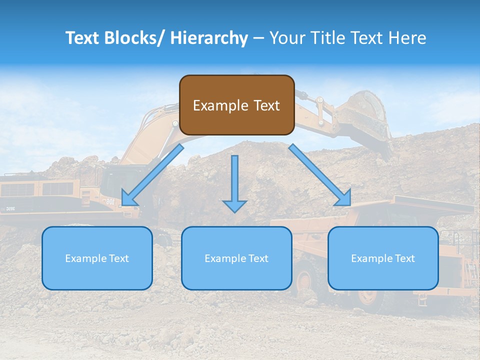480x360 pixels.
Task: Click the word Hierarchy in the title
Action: click(x=209, y=38)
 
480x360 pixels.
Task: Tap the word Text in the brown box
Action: click(x=266, y=105)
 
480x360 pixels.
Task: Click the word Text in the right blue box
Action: click(x=404, y=258)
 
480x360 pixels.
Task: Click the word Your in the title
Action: click(x=287, y=38)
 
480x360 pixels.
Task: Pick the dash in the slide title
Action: click(x=258, y=38)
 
